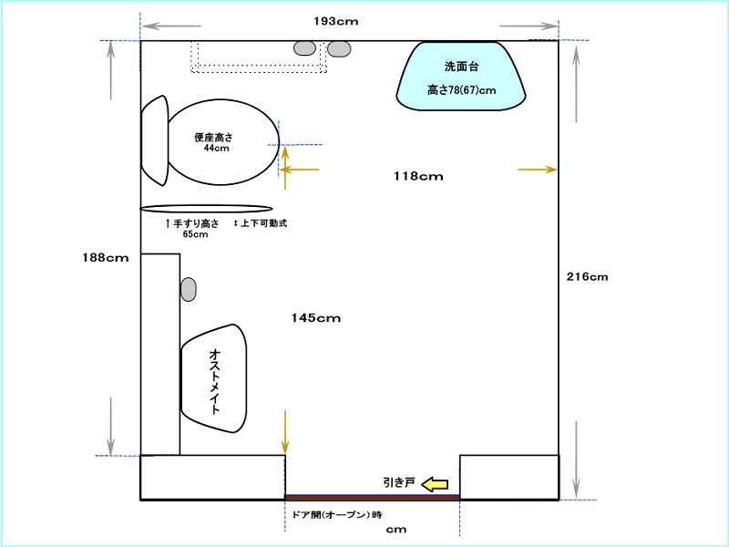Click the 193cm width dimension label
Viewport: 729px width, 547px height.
tap(335, 21)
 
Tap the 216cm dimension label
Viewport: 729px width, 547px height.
tap(587, 277)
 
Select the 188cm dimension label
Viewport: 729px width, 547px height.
tap(106, 258)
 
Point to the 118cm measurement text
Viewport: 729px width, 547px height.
tap(418, 176)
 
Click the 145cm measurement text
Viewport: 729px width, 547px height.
tap(315, 318)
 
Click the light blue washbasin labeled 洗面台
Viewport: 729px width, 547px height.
tap(461, 77)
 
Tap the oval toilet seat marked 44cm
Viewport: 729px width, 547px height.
tap(223, 142)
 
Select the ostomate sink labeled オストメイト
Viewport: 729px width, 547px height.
tap(214, 378)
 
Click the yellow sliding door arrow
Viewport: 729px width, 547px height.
tap(435, 484)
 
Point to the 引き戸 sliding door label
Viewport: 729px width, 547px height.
tap(399, 483)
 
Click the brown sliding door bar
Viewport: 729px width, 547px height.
tap(373, 497)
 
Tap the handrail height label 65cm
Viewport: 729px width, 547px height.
tap(195, 234)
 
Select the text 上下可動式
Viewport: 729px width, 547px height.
tap(263, 223)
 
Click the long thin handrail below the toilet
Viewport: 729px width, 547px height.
tap(206, 209)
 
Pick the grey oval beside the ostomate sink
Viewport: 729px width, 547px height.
tap(189, 289)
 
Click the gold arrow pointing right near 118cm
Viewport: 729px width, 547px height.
tap(537, 170)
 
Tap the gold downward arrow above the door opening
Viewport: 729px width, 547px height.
tap(285, 432)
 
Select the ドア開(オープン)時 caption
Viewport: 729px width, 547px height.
tap(337, 515)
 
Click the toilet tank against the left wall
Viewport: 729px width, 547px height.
tap(155, 140)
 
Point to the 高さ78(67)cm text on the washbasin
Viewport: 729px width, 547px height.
tap(462, 89)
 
